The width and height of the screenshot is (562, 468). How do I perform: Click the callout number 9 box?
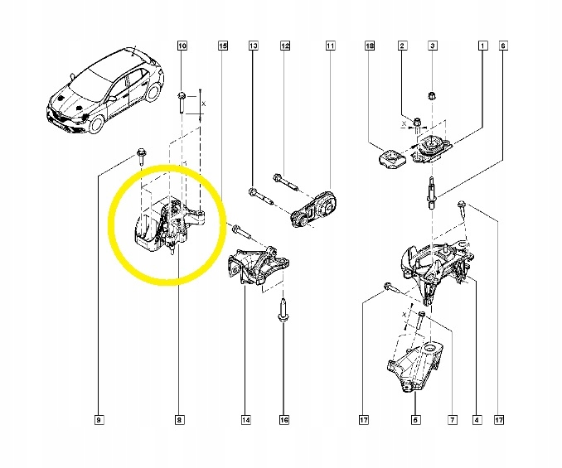[99, 421]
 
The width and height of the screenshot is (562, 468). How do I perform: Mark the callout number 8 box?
[179, 421]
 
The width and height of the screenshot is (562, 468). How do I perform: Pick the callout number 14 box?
[246, 421]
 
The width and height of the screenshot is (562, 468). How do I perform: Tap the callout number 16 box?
[283, 421]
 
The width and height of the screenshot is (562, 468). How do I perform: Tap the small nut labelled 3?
[432, 98]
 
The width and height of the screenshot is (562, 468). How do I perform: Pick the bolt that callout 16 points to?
[283, 311]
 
